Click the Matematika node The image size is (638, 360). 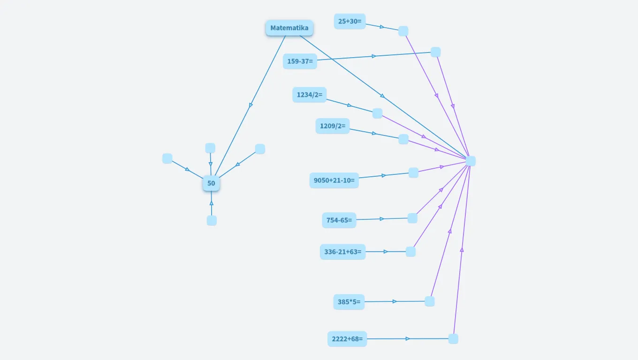click(x=289, y=28)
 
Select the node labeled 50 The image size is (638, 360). click(x=211, y=183)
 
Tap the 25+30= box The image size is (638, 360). click(x=349, y=21)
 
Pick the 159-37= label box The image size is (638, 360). click(x=300, y=61)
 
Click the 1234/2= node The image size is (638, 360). click(x=309, y=95)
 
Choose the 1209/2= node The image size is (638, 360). click(x=332, y=126)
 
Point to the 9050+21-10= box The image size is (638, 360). click(x=334, y=180)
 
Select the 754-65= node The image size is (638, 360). click(x=339, y=220)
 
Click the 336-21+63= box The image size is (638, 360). click(x=342, y=252)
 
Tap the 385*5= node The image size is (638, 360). click(x=349, y=302)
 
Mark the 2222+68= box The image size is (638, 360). click(x=347, y=339)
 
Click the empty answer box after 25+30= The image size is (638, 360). click(x=403, y=31)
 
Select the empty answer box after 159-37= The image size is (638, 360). click(x=435, y=52)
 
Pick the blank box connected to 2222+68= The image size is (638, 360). click(x=453, y=339)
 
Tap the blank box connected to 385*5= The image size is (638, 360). click(x=429, y=301)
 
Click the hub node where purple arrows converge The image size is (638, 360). click(x=471, y=161)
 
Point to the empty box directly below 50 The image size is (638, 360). click(x=212, y=220)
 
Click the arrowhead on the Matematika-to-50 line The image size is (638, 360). click(x=251, y=105)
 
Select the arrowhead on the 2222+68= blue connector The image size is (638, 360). click(x=408, y=339)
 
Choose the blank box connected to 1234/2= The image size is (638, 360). click(x=377, y=113)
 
